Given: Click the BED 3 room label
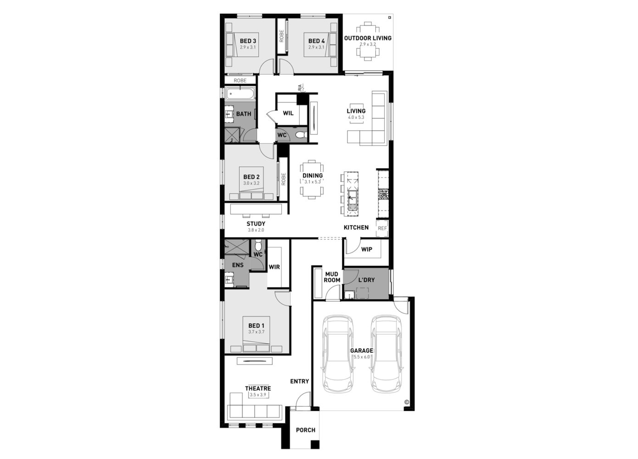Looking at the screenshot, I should tap(248, 41).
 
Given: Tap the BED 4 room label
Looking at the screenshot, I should tap(316, 41).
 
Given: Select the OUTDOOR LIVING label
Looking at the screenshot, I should tap(368, 38).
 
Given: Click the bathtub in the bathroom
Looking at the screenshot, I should tap(240, 95).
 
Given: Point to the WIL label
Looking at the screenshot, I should tap(288, 113).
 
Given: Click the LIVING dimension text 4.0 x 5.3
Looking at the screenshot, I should tap(356, 117).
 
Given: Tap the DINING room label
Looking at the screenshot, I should tap(312, 176).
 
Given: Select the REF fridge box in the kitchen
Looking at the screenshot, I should tap(382, 228).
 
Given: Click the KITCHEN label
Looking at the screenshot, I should tap(356, 227).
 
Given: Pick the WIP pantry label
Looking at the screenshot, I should tap(366, 249).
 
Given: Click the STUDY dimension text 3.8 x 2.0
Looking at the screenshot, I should tap(256, 230).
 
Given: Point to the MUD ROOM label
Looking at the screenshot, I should tap(332, 277).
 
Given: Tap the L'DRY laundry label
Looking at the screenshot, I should tap(366, 280).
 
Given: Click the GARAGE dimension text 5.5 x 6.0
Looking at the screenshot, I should tap(362, 356).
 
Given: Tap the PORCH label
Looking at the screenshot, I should tap(305, 430).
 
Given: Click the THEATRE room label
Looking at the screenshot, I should tap(257, 388).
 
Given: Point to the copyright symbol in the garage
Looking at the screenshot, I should tap(406, 403).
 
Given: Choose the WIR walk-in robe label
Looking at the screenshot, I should tap(274, 267).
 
